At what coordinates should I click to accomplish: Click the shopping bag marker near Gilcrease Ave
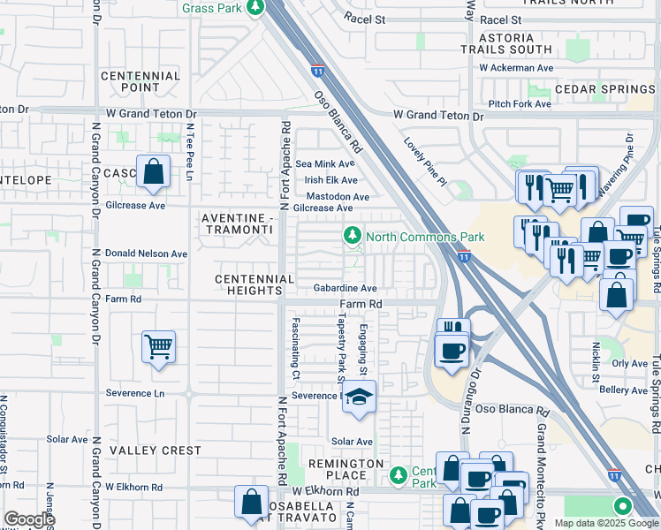click(x=154, y=171)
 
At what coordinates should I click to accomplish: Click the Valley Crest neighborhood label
click(x=155, y=450)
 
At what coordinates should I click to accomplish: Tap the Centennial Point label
click(x=141, y=82)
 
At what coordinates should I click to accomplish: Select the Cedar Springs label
click(x=604, y=90)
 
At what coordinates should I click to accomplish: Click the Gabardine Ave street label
click(x=346, y=288)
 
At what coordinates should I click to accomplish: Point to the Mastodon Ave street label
click(x=338, y=196)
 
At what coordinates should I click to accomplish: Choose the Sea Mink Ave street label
click(x=324, y=163)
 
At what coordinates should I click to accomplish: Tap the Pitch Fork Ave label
click(x=520, y=103)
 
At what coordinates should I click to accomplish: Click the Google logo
click(x=29, y=519)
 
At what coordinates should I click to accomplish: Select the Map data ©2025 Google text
click(x=605, y=523)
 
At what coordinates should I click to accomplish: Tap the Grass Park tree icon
click(x=255, y=8)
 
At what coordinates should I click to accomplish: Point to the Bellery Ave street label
click(x=624, y=390)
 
